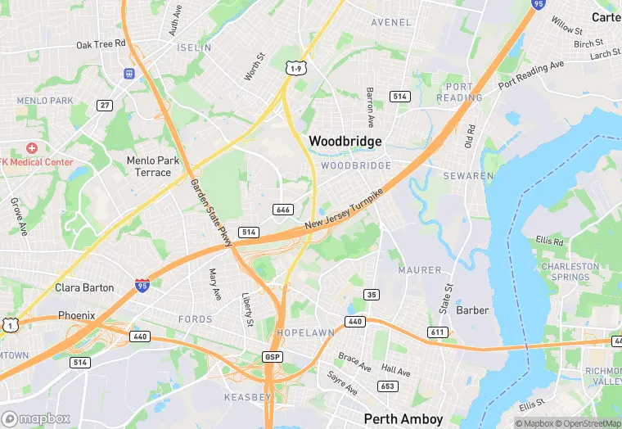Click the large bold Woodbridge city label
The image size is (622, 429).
(345, 142)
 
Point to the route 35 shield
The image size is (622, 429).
(372, 295)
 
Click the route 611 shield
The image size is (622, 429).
(437, 332)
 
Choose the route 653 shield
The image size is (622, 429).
(387, 386)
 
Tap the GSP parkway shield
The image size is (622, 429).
(273, 357)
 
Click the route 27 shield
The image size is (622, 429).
(104, 105)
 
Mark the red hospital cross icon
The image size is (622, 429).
(32, 148)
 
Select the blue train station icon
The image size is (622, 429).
(129, 74)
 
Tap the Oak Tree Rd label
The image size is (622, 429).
(101, 44)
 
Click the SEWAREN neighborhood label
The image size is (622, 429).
(468, 176)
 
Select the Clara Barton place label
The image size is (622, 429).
(84, 288)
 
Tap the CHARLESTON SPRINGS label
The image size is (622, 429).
(570, 272)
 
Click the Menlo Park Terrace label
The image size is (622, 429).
(149, 166)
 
